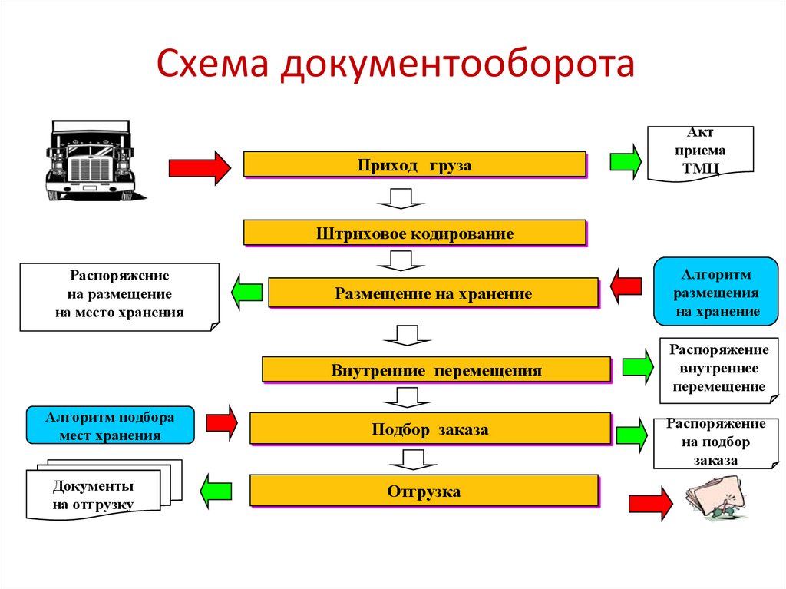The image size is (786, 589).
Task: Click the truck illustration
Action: coord(90,160)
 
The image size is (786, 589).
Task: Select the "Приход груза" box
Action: coord(414,165)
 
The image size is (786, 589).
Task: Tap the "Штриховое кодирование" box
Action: coord(414,233)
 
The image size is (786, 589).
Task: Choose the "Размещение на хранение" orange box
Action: coord(433,293)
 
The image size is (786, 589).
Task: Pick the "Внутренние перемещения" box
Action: coord(436,370)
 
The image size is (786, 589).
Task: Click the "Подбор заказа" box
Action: coord(430,429)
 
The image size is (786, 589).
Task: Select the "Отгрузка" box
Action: coord(424,491)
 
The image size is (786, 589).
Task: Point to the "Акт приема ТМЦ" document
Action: coord(700,152)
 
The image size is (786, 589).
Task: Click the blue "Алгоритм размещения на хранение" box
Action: coord(715,293)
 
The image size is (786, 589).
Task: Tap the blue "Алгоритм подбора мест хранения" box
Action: coord(110,425)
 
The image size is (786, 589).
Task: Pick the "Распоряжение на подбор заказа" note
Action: coord(715,443)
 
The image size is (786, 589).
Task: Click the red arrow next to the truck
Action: coord(199,167)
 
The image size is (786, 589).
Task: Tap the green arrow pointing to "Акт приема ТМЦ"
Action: coord(625,161)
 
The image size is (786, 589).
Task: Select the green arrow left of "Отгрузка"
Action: coord(216,491)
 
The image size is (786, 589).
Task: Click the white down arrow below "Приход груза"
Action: coord(400,200)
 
